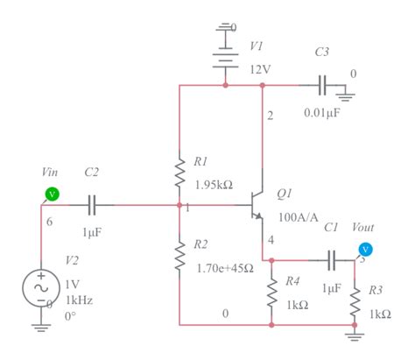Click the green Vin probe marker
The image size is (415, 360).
pos(52,194)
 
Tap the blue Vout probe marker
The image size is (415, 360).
pos(366,250)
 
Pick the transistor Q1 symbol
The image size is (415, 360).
pos(256,208)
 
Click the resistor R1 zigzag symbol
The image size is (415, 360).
pos(179,173)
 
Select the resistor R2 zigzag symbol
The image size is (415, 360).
pos(179,256)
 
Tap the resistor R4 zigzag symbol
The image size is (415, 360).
pos(271,293)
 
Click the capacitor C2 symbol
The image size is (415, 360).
pos(95,207)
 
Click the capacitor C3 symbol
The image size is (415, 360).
pos(322,86)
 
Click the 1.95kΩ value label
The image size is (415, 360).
pos(213,184)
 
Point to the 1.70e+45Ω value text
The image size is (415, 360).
pos(226,266)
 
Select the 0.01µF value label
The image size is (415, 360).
pos(323,113)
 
